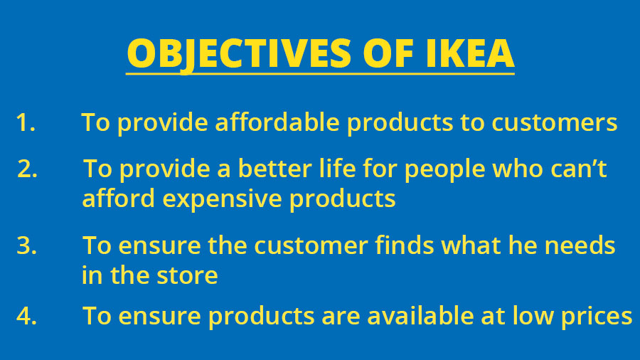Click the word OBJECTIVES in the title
[x=239, y=54]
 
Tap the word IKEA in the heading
[x=469, y=53]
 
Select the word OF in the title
[x=388, y=53]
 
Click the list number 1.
[x=26, y=122]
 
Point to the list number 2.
[x=27, y=169]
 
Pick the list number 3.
[x=26, y=245]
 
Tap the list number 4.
[x=26, y=316]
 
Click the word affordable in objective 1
[x=277, y=122]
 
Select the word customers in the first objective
[x=554, y=122]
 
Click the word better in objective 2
[x=274, y=169]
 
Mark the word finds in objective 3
[x=404, y=245]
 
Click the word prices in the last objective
[x=597, y=317]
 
